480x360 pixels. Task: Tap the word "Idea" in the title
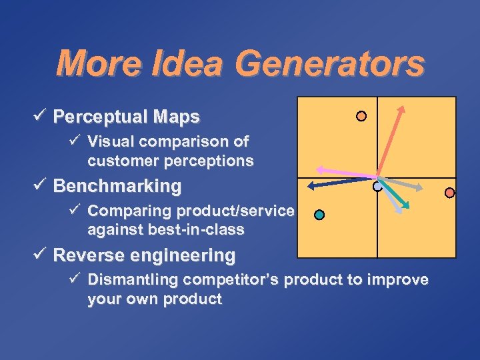point(194,64)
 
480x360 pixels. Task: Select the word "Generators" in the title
point(331,64)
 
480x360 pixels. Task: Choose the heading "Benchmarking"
point(117,186)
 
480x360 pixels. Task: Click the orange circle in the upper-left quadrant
point(361,116)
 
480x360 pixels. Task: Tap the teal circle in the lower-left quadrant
point(319,215)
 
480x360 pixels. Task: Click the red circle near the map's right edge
point(449,193)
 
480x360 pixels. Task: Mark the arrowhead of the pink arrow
point(319,169)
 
